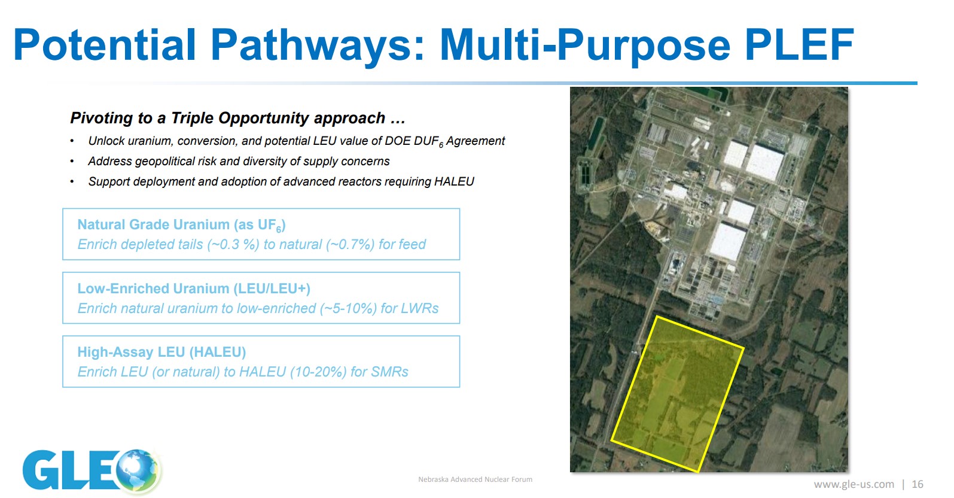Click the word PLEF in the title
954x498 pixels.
[x=800, y=44]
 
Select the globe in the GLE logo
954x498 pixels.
[x=138, y=470]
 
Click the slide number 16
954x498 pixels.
[x=918, y=484]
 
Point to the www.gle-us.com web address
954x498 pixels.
[x=854, y=485]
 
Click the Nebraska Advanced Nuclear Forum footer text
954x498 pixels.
[x=476, y=479]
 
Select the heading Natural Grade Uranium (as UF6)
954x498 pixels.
[x=181, y=225]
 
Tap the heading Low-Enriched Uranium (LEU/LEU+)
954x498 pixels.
[x=194, y=289]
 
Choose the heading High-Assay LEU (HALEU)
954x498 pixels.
[x=162, y=352]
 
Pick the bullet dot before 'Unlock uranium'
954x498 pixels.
[x=72, y=141]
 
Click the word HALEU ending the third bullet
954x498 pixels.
[x=454, y=181]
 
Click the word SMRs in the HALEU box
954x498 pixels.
[x=390, y=372]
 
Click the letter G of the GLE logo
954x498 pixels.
[x=41, y=470]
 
